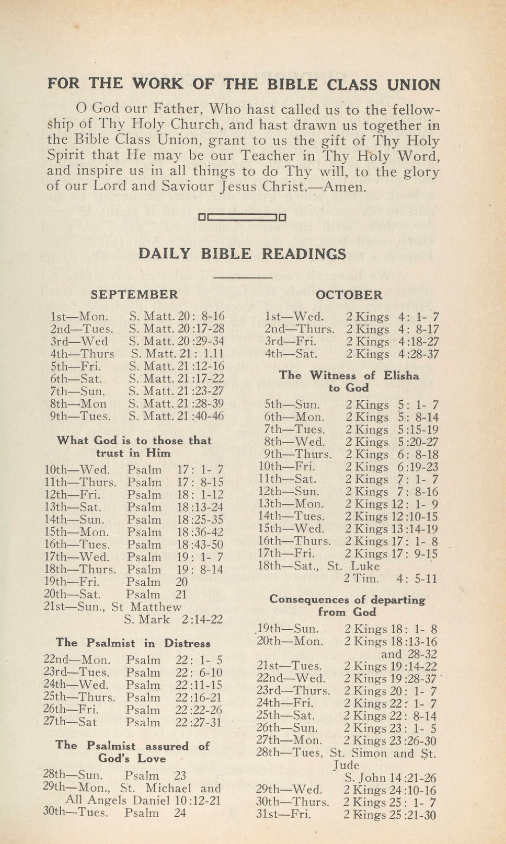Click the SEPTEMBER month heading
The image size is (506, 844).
(x=134, y=294)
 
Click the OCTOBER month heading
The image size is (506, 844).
(x=349, y=295)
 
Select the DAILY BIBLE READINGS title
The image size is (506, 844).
(x=242, y=253)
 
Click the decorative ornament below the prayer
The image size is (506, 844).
(x=242, y=218)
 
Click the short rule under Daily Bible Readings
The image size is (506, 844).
(x=243, y=277)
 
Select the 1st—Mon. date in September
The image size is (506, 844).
(x=79, y=317)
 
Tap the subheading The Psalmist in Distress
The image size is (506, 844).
(x=133, y=643)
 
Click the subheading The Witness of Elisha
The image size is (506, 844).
(x=349, y=375)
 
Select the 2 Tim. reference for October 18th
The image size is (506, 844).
(x=361, y=579)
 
